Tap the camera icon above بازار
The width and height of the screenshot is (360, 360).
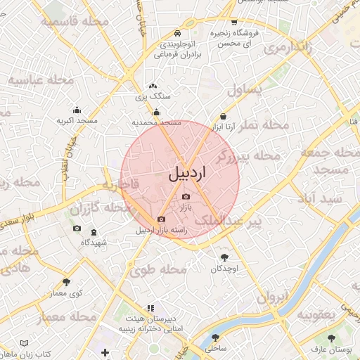186,198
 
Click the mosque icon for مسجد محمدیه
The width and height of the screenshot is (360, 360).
156,112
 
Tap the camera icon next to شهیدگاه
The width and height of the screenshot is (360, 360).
77,230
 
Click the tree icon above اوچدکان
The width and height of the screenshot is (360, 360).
224,258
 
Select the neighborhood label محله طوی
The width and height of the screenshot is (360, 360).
159,269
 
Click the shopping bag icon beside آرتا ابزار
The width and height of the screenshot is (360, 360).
223,116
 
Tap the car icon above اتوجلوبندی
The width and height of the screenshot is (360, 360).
178,33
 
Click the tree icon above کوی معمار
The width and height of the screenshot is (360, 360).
67,282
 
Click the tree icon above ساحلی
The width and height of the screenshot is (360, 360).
214,337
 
